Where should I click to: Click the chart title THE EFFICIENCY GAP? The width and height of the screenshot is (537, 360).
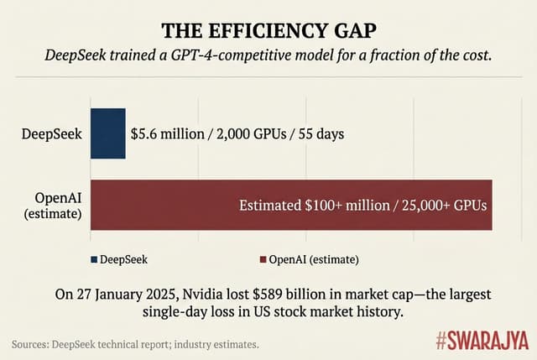click(x=268, y=30)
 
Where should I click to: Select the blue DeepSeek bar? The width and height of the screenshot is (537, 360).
click(x=107, y=133)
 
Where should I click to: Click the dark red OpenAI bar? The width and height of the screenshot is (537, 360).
click(x=290, y=204)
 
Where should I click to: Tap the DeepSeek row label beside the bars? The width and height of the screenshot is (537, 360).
click(x=52, y=133)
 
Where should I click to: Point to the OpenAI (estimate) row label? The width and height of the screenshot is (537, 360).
click(x=52, y=204)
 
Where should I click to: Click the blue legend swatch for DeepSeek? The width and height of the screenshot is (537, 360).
click(x=93, y=258)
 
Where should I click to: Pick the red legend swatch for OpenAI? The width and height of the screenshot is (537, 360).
click(x=262, y=258)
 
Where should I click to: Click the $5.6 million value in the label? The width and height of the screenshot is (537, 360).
click(x=164, y=133)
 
